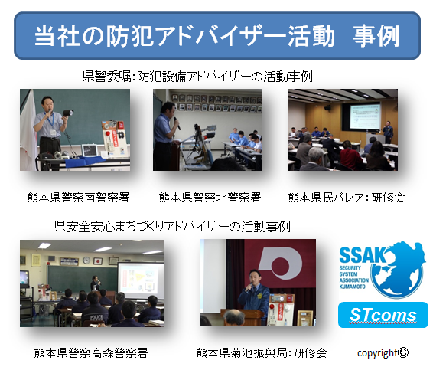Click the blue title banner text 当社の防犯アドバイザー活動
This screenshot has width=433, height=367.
pos(184,36)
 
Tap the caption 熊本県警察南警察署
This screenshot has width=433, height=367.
pos(79,198)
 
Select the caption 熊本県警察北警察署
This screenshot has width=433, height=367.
pos(210,198)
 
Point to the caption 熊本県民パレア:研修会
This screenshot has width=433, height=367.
pos(347,198)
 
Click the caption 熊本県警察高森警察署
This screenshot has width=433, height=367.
pos(91,353)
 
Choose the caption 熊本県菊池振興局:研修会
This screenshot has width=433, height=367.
pos(262,353)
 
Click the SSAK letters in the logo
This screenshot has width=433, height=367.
pos(363,254)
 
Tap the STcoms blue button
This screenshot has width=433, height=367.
pos(383,315)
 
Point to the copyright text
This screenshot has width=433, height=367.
pos(383,353)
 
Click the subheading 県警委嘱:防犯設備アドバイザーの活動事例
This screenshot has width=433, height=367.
pos(197,77)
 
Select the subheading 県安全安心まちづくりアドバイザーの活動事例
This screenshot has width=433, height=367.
pos(172,227)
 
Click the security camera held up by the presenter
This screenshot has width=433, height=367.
pos(68,113)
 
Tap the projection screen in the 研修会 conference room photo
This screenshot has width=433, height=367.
pos(365,117)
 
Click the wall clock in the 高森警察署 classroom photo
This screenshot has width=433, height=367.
pos(86,260)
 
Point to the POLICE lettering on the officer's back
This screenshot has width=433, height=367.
pos(96,317)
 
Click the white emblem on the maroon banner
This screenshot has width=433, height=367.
pos(280,264)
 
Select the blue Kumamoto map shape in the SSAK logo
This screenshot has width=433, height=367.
pos(398,270)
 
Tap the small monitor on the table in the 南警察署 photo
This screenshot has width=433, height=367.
pos(90,151)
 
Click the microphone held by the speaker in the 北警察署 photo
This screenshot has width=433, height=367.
pos(177,123)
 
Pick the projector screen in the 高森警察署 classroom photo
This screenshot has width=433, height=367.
pos(141,280)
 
